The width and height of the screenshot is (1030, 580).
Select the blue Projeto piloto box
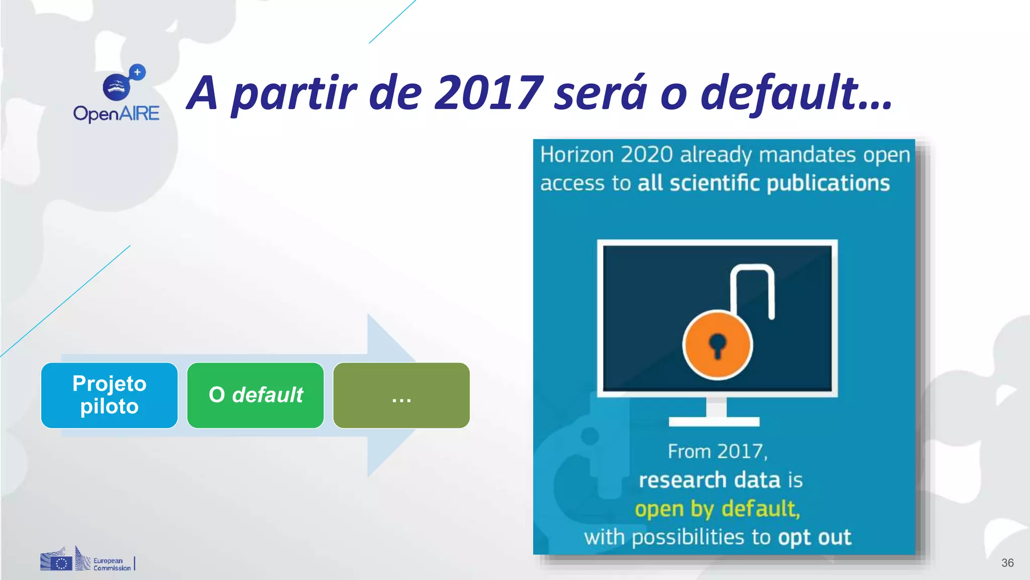[109, 395]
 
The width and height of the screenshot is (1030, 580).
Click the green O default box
[255, 395]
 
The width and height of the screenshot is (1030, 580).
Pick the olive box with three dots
[401, 395]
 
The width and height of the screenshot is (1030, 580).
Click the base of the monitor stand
[714, 421]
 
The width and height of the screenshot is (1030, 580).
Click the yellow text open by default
[717, 509]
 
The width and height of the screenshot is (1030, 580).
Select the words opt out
[815, 537]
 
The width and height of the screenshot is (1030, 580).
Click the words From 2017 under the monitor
[718, 451]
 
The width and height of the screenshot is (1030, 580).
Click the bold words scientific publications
[780, 183]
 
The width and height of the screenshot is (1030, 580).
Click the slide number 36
[1007, 563]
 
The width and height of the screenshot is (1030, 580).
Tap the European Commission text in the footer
[112, 564]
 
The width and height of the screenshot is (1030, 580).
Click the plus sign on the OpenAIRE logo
[137, 72]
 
